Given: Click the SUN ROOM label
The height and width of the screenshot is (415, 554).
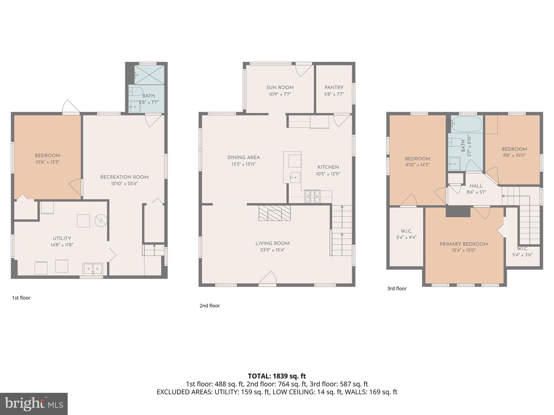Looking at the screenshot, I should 280,88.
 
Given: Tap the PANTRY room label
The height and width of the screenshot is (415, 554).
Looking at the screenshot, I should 334,88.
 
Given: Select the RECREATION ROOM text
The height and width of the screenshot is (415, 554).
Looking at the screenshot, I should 124,177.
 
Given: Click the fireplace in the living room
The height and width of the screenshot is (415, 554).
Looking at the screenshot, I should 275,213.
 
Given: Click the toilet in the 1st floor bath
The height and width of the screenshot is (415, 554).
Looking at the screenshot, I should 136,91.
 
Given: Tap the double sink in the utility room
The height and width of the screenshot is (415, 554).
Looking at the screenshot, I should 93,269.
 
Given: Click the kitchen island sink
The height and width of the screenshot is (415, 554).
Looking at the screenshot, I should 295,177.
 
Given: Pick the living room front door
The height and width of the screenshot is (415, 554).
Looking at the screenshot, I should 268,279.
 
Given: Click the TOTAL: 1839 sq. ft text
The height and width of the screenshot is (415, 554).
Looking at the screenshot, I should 277,376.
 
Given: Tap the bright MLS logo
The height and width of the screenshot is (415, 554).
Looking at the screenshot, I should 34,403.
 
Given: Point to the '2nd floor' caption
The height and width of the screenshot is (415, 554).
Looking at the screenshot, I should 210,306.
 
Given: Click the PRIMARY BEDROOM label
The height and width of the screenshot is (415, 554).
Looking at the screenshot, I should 464,244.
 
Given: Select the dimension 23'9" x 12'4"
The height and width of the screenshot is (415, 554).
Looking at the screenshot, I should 272,250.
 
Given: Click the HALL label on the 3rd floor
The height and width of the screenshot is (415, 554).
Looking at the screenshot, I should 476,186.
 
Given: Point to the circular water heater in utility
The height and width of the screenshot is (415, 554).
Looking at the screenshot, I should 100,220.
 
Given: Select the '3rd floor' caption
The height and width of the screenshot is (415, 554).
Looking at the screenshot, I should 397,289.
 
